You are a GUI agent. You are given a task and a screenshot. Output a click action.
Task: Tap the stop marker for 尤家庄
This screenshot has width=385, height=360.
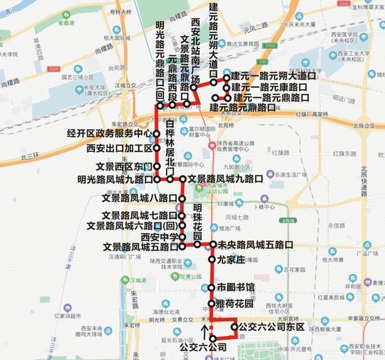tap(212, 259)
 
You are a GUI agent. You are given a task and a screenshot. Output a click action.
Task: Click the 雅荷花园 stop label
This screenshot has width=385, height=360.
tap(235, 304)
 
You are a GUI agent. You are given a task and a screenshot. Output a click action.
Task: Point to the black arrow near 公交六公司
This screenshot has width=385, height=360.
tap(205, 332)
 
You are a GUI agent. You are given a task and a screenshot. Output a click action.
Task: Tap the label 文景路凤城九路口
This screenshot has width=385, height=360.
tap(226, 179)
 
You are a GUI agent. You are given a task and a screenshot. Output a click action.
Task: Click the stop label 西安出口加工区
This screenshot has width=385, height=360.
tap(119, 148)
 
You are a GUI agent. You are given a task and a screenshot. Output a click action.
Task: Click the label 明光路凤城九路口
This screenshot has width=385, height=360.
tap(115, 179)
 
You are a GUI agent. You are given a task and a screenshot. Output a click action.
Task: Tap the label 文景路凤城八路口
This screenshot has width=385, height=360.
tap(139, 198)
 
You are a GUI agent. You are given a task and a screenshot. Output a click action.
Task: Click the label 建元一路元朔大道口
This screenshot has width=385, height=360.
tap(274, 77)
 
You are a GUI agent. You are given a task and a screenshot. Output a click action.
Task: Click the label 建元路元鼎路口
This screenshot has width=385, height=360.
tap(242, 108)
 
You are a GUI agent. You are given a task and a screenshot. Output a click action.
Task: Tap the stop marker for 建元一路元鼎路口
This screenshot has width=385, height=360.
tap(227, 97)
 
